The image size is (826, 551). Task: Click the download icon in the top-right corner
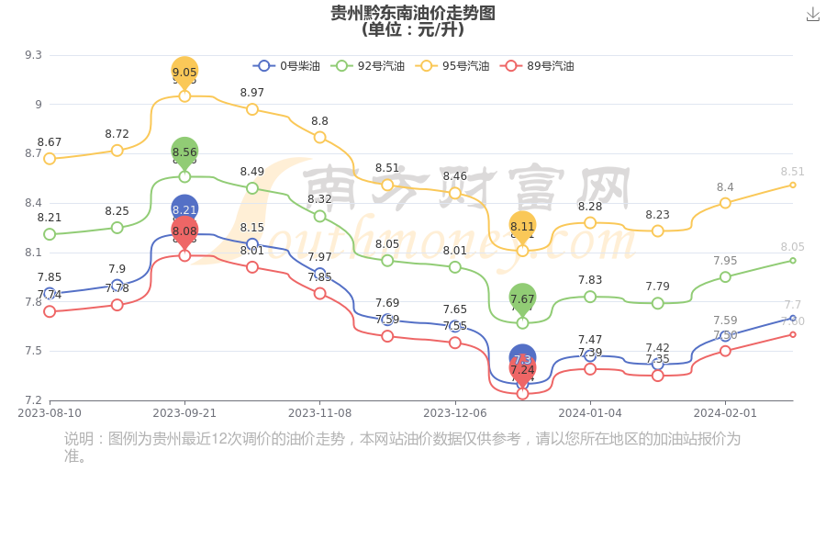click(813, 14)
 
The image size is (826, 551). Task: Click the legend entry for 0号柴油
click(287, 66)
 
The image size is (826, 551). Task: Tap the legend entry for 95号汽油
click(452, 66)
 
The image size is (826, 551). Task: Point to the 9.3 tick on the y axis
click(33, 55)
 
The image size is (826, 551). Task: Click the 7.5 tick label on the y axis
click(33, 351)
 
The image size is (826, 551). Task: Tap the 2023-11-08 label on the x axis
click(319, 413)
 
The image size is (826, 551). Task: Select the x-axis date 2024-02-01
click(725, 413)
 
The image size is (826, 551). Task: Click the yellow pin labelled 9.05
click(184, 72)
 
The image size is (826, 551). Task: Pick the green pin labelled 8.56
click(184, 152)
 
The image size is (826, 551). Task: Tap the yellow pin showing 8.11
click(522, 226)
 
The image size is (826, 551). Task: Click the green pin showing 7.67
click(522, 298)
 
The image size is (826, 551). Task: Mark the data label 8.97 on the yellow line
click(252, 93)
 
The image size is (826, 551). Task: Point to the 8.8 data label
click(319, 121)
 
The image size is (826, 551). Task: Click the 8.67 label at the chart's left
click(50, 142)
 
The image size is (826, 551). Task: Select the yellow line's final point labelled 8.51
click(793, 185)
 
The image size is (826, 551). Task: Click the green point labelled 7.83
click(590, 297)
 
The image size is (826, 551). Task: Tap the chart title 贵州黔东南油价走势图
click(413, 13)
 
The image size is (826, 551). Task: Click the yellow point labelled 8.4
click(725, 203)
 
